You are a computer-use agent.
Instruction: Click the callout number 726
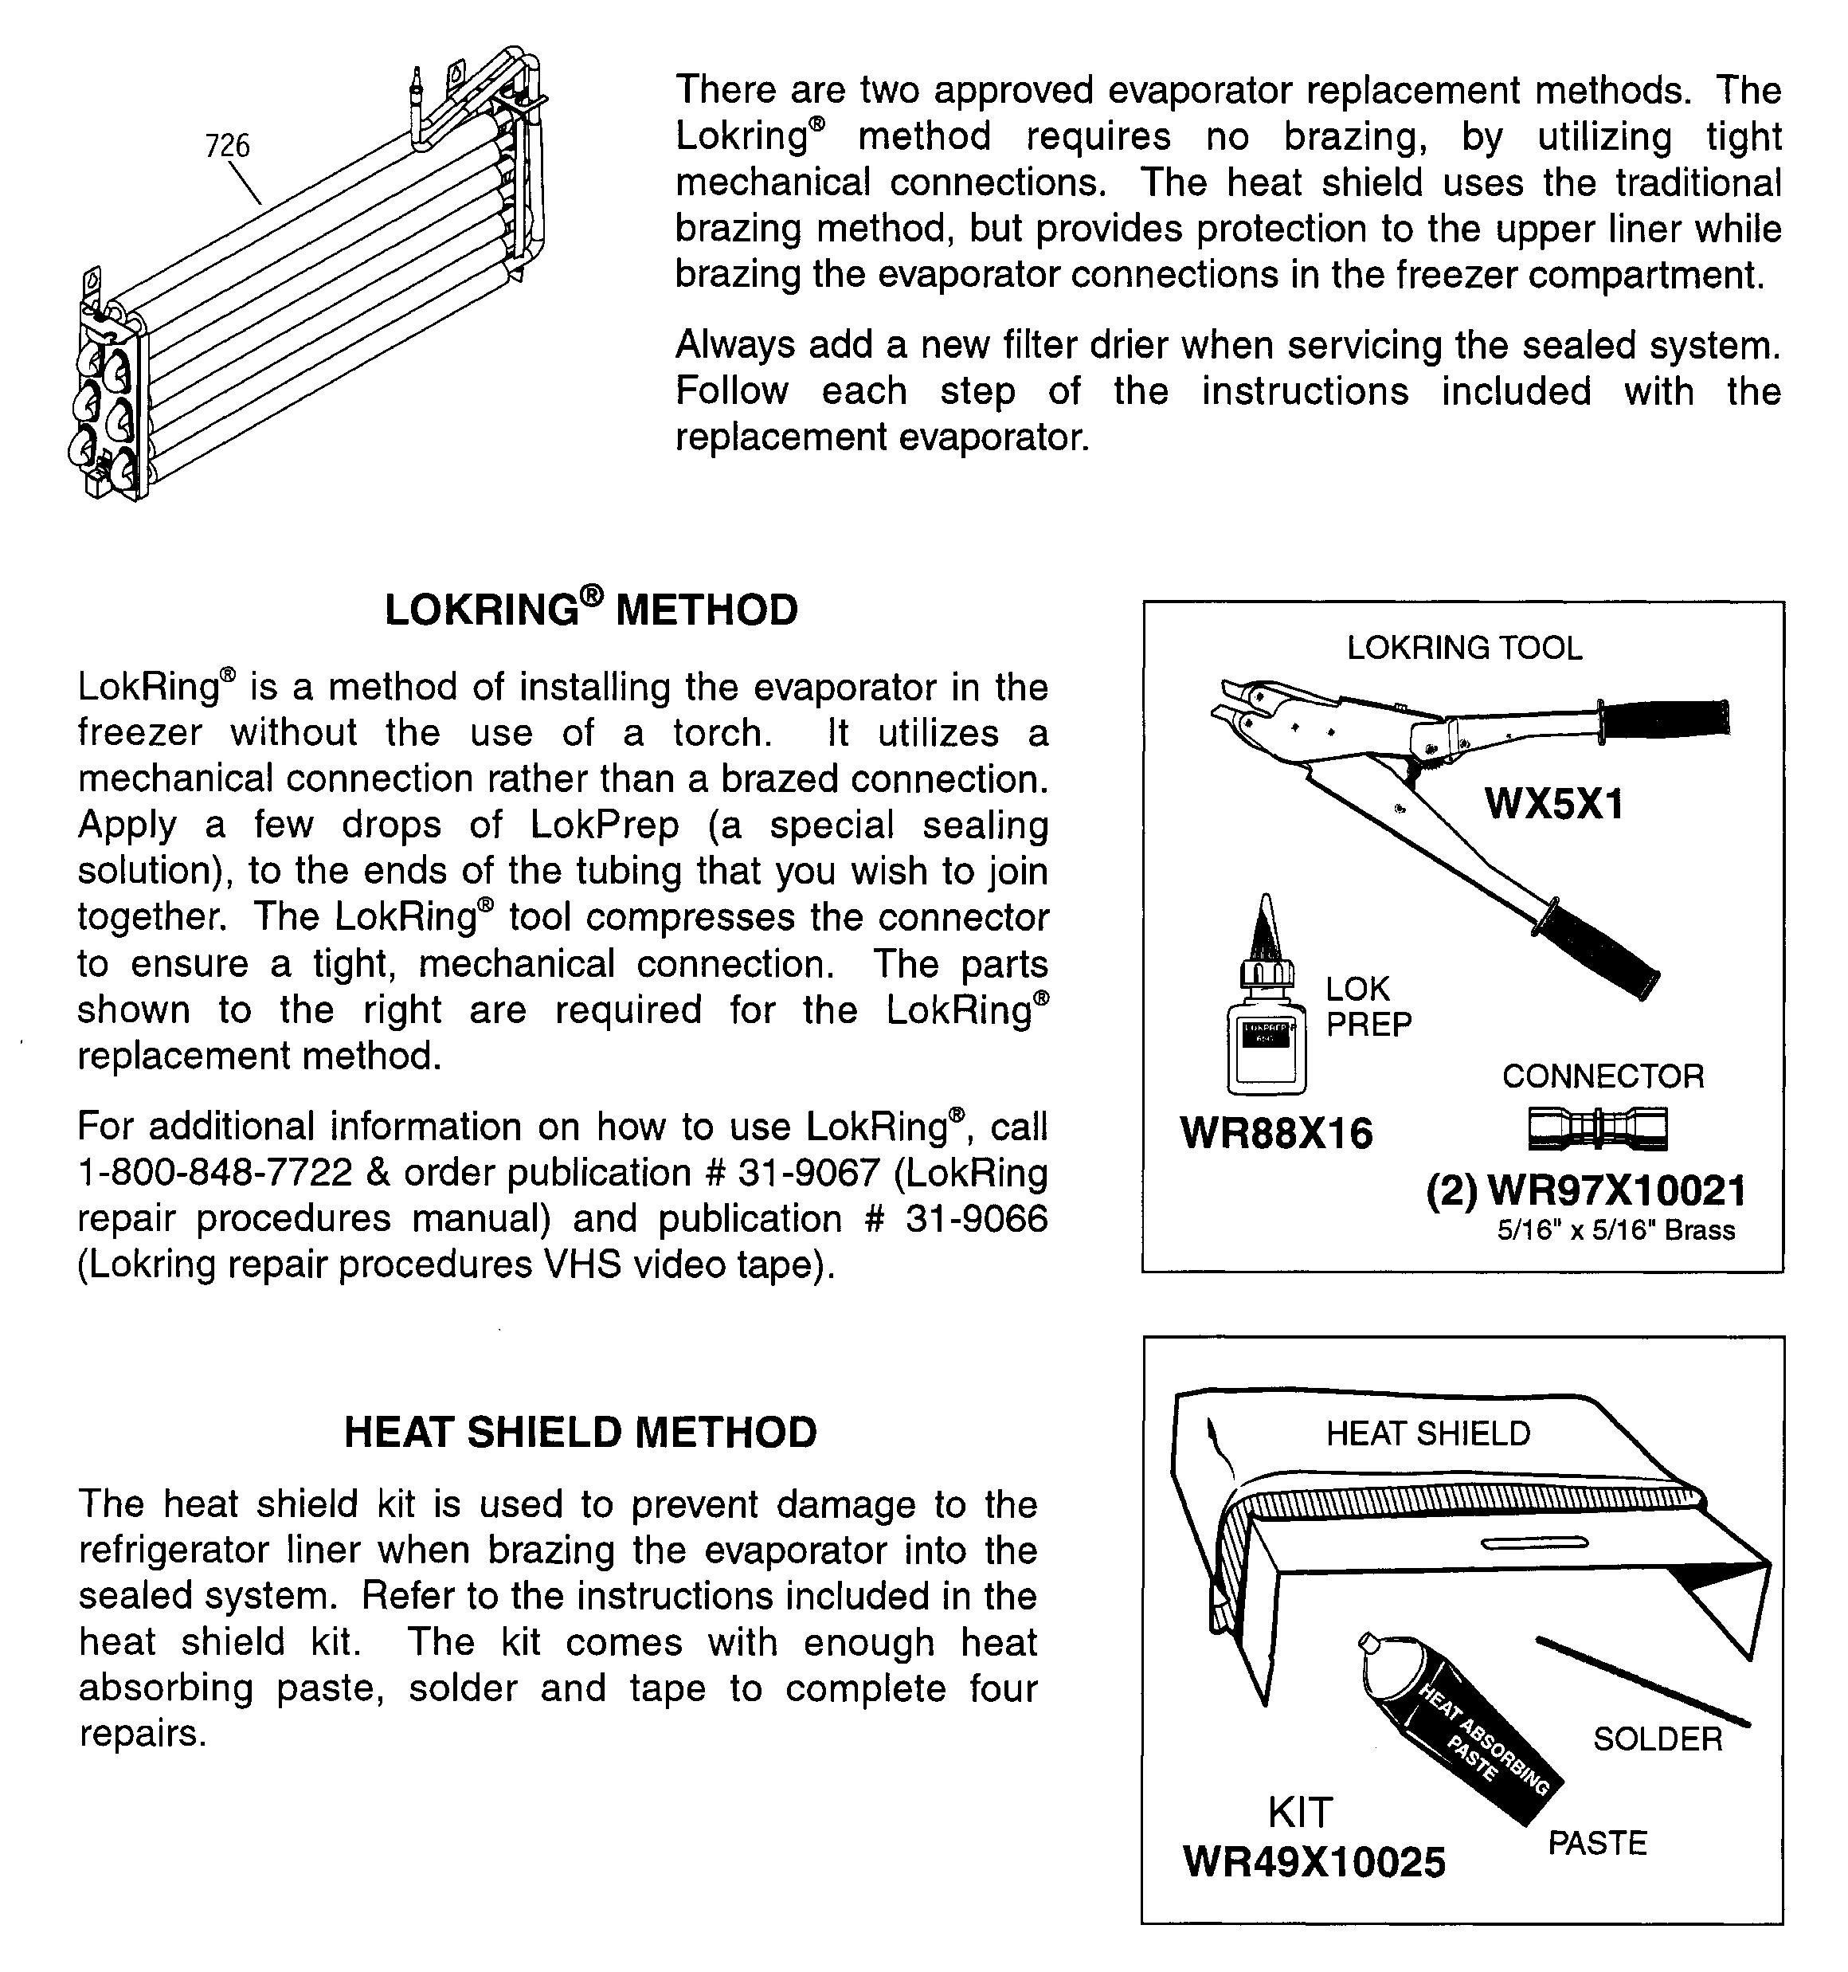227,146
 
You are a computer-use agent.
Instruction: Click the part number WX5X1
1553,803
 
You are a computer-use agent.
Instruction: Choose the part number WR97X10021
1616,1190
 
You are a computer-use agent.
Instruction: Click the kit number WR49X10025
1314,1862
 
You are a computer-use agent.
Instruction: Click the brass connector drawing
1597,1129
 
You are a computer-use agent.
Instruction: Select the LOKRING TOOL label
1464,648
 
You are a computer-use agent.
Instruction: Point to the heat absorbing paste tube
1458,1726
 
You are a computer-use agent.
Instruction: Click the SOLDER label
1658,1739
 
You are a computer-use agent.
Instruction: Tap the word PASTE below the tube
1597,1843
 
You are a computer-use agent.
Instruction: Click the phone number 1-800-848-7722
214,1174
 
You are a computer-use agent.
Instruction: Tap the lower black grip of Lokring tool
1597,951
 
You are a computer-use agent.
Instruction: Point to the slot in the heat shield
1533,1543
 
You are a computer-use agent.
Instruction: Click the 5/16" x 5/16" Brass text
1616,1231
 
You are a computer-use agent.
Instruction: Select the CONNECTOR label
1603,1076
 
